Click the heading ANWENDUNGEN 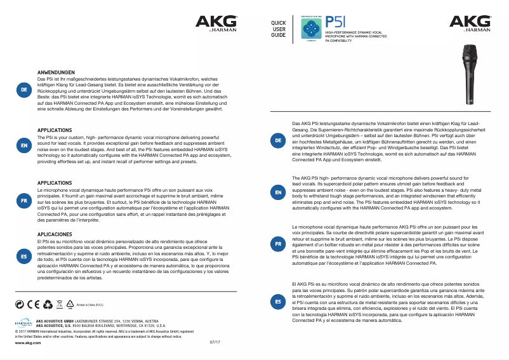click(56, 72)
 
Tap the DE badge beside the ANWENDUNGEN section click(23, 90)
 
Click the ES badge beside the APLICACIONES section click(23, 256)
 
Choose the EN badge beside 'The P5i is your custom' click(23, 146)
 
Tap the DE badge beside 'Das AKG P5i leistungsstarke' click(277, 139)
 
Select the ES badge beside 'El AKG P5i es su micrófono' click(277, 302)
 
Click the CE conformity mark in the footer click(33, 304)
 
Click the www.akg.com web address click(23, 342)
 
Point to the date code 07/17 click(215, 342)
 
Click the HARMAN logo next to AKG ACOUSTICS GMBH click(23, 324)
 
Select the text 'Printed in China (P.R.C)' click(90, 305)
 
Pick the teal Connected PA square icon click(310, 27)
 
